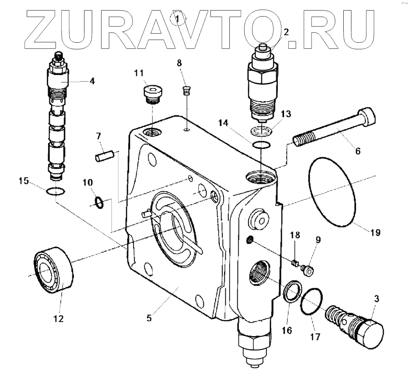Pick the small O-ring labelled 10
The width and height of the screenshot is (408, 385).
[x=99, y=202]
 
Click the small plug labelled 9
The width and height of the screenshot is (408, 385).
[x=307, y=270]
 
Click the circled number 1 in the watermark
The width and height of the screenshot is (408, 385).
[x=178, y=18]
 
